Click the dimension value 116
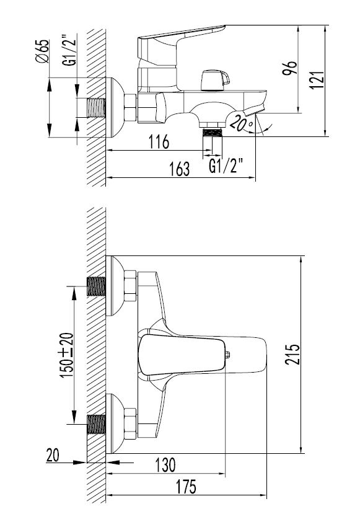click(159, 142)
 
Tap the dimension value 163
click(180, 169)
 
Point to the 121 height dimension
click(317, 80)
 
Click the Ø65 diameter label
click(42, 51)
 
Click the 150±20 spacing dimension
click(66, 355)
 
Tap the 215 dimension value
click(292, 354)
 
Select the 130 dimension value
click(165, 465)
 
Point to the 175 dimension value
click(187, 487)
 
